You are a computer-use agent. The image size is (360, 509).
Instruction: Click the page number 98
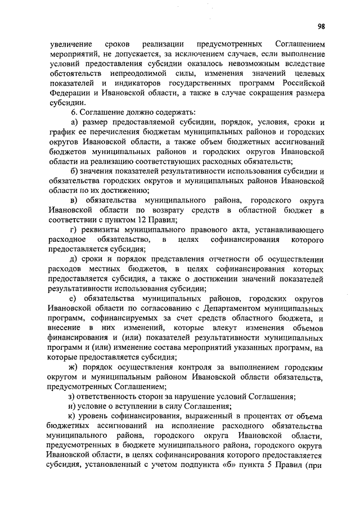click(x=321, y=25)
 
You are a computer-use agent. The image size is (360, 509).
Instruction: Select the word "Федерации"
click(x=69, y=93)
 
